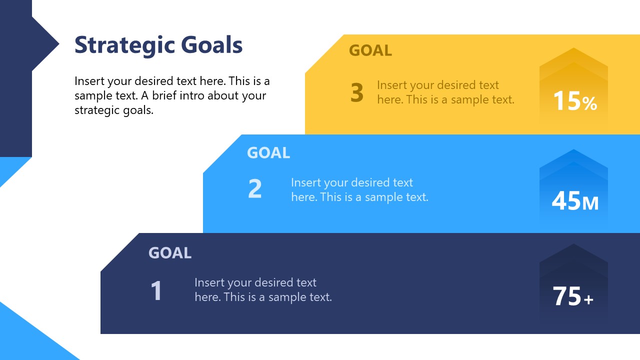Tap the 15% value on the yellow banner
(x=575, y=101)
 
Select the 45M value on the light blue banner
(x=575, y=201)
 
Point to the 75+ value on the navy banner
(x=573, y=296)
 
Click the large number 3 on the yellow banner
(x=357, y=93)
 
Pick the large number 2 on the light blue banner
(x=255, y=189)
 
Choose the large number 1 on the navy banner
(x=156, y=291)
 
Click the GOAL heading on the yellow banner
(x=370, y=50)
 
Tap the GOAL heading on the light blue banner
(x=268, y=153)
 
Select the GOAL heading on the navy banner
(x=170, y=253)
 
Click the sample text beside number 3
(x=445, y=92)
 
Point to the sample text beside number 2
(x=359, y=190)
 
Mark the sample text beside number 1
(x=263, y=290)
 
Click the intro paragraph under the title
(x=172, y=95)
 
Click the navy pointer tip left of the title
(x=53, y=44)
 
